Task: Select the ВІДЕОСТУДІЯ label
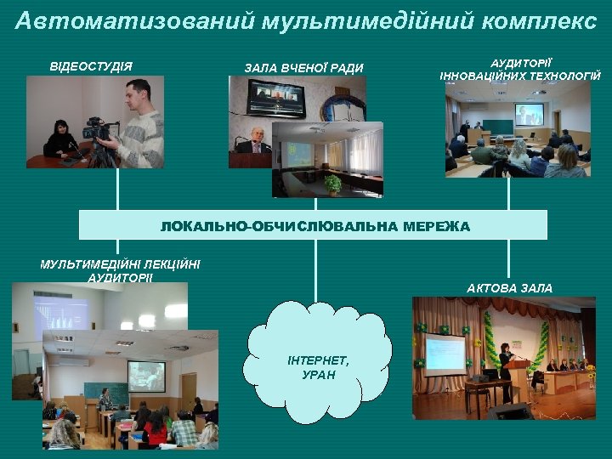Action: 91,66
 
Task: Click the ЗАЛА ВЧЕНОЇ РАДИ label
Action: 303,68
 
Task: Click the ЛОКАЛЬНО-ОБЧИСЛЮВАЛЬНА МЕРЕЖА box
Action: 314,225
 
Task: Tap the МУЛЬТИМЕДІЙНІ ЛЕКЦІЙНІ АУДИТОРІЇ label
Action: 120,270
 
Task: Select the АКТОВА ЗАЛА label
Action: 509,288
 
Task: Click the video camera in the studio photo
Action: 97,131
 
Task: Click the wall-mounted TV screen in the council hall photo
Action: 275,98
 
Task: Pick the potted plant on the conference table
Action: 332,184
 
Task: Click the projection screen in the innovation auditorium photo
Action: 529,114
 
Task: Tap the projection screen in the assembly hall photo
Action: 445,354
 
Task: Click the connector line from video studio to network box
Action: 118,189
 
